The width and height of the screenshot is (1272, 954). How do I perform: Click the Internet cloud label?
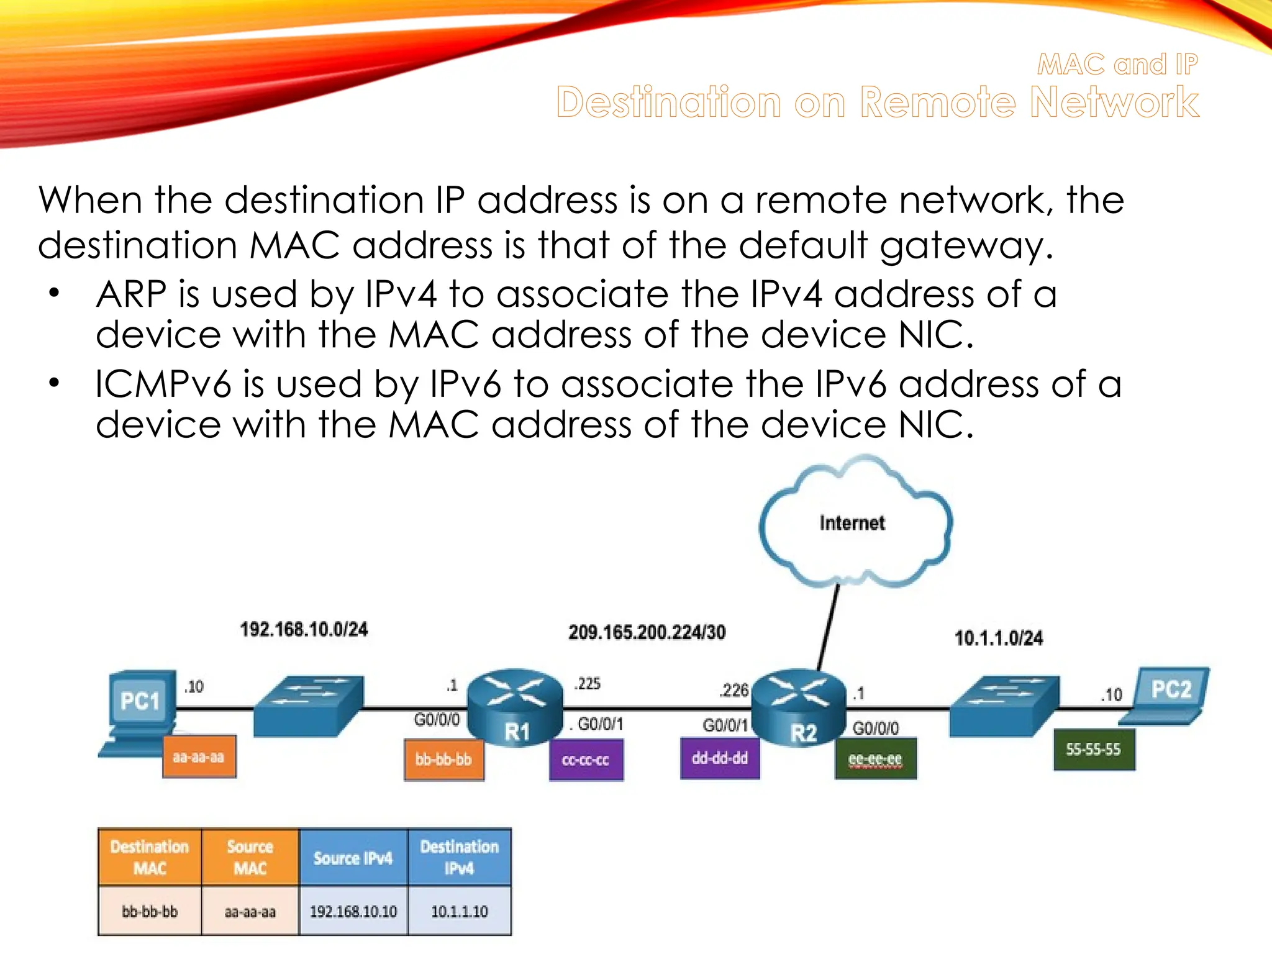pos(852,523)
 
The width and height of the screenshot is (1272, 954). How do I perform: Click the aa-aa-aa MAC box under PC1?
pos(199,756)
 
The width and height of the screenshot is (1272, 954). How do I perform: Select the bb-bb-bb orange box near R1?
pos(443,759)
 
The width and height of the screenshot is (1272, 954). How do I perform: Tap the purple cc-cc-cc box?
pos(586,760)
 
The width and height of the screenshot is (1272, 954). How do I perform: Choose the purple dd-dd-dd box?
pos(720,758)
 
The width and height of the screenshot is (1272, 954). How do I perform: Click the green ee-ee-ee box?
pos(875,758)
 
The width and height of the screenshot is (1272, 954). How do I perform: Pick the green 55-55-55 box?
pos(1094,749)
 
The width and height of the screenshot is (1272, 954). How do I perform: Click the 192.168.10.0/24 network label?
pos(304,630)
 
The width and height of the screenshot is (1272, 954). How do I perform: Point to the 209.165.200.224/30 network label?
pos(647,632)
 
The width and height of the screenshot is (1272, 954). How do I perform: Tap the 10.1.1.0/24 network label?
pos(998,638)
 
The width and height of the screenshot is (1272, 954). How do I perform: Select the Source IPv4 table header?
pos(353,858)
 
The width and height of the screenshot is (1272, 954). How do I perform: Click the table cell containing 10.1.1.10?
pos(459,911)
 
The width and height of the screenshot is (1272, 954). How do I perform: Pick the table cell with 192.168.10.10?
pos(353,911)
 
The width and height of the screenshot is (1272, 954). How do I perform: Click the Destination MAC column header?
pos(150,857)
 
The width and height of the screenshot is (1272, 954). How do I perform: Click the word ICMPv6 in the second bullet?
pos(163,384)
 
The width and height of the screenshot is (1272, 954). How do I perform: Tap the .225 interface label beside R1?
pos(588,683)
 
